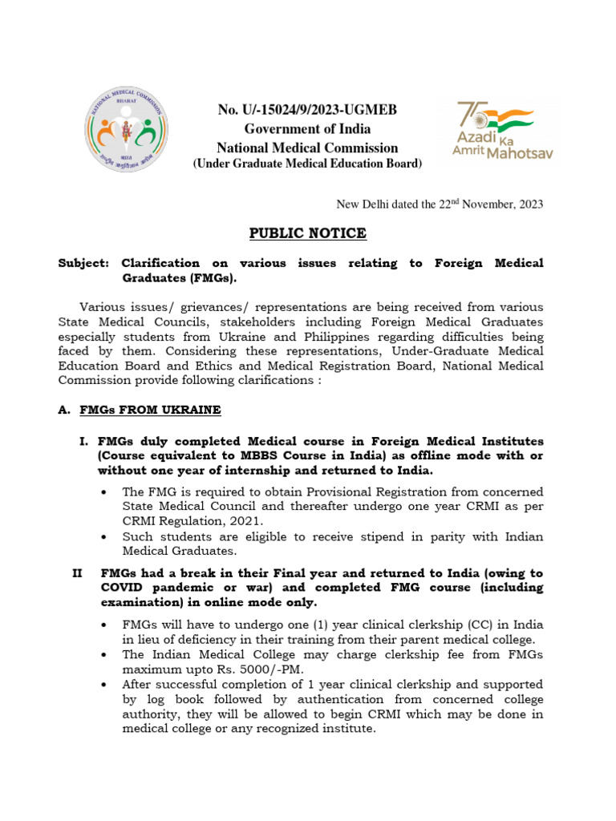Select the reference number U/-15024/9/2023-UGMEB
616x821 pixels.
308,110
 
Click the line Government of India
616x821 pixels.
308,129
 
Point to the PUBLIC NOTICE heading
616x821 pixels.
307,233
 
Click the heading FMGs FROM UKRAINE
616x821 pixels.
150,410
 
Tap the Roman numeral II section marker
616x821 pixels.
78,573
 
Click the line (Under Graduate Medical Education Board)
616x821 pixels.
307,164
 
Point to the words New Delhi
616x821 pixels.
357,204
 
